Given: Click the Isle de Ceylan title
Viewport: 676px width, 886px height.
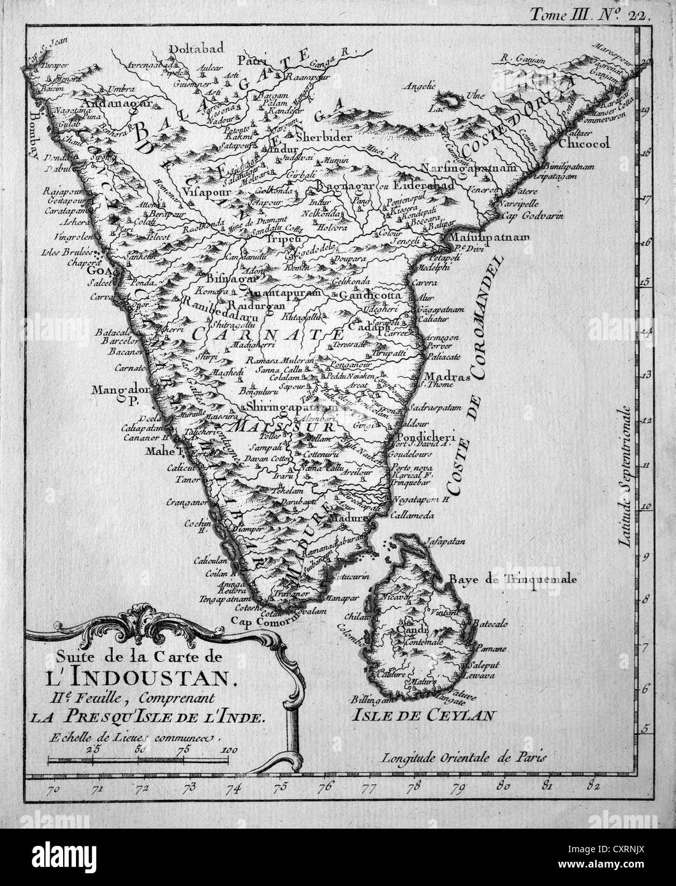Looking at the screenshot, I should (x=423, y=715).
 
